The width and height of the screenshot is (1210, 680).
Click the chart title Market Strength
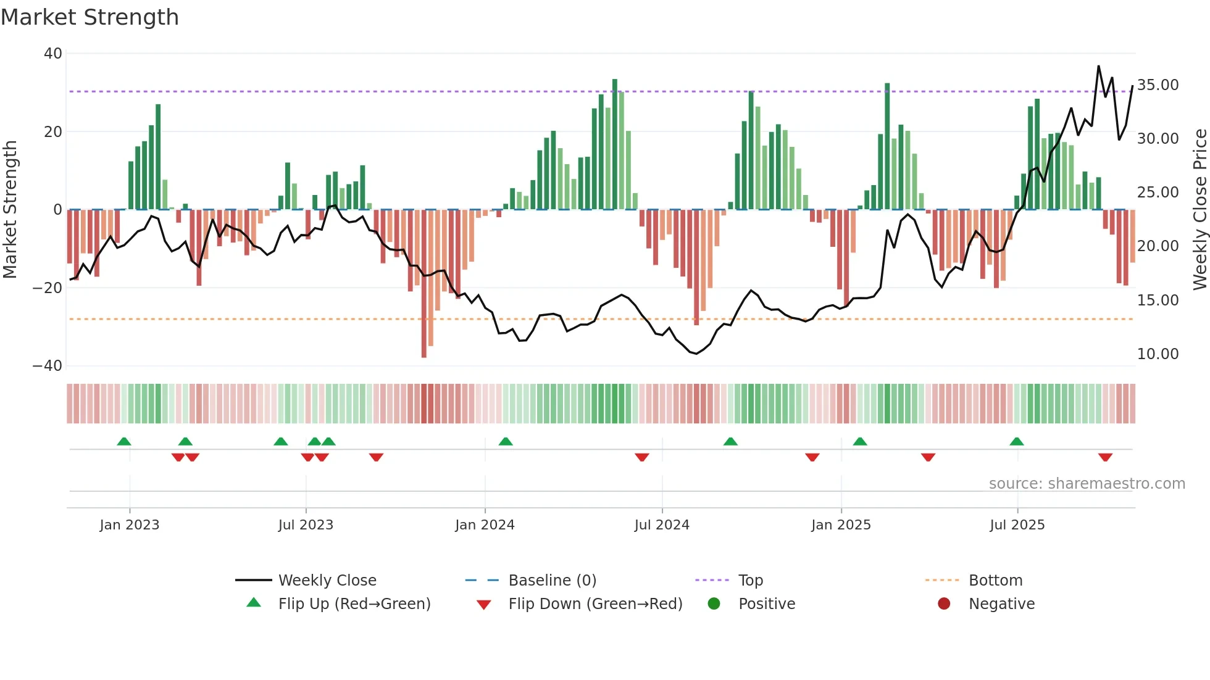[90, 17]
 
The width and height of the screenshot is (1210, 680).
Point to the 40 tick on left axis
[53, 54]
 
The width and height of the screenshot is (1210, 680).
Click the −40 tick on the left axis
[48, 366]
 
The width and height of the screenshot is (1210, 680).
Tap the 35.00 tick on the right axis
[1158, 85]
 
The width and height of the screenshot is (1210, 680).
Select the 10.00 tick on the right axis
[1158, 354]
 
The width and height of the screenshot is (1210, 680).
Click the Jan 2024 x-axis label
[485, 525]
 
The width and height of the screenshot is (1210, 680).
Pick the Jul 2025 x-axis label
[1017, 525]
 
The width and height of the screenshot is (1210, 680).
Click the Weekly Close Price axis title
[1200, 210]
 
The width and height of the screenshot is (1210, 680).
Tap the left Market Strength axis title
[10, 210]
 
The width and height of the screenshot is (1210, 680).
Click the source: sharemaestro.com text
[1087, 484]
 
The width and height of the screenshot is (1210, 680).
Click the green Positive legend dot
[714, 604]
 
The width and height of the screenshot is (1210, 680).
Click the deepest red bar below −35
[424, 284]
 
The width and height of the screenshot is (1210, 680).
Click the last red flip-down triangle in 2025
[1105, 457]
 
